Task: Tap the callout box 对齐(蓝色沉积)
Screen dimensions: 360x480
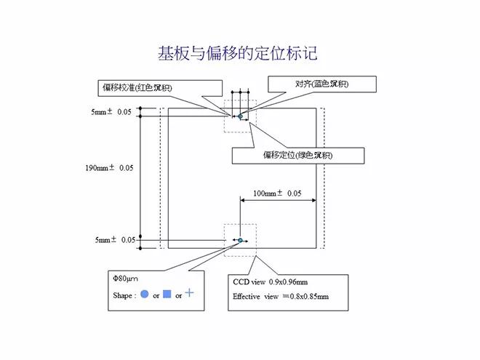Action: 322,84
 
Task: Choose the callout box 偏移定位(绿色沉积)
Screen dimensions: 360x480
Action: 287,155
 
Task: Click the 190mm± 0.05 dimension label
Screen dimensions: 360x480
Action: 110,168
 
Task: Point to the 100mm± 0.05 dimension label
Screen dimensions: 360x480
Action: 277,193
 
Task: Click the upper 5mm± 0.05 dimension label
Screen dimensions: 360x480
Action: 111,112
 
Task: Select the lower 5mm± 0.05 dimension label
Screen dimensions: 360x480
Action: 113,239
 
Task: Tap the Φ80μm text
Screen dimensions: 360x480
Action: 125,279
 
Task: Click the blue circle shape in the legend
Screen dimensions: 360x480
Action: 144,295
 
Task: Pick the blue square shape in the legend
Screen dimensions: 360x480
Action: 167,295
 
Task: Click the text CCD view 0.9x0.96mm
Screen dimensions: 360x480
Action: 270,281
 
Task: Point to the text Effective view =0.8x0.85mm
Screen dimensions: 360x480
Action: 281,297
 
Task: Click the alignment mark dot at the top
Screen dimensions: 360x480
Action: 239,114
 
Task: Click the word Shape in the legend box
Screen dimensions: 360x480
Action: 124,295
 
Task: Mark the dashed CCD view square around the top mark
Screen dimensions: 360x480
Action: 226,124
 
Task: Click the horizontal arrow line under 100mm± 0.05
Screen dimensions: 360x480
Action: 277,201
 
